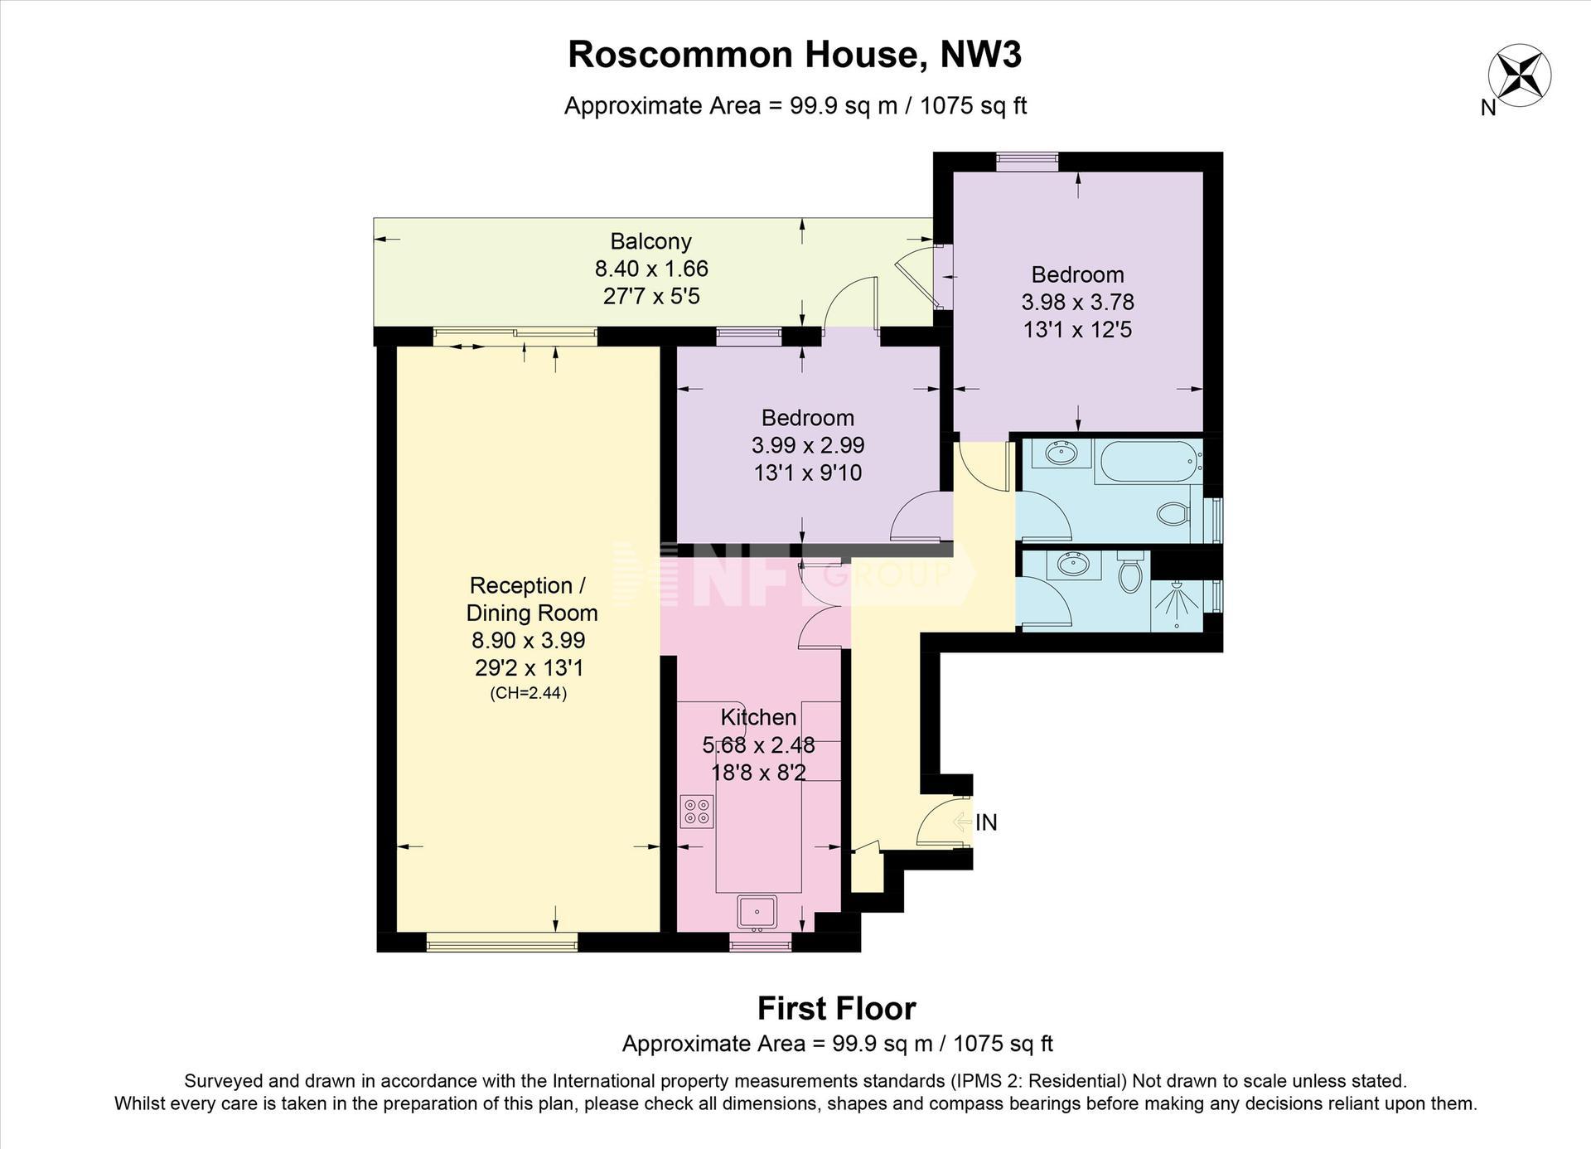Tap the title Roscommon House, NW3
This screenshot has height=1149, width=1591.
tap(795, 55)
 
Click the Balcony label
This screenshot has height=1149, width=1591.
tap(650, 241)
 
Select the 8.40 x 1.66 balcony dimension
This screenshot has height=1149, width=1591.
tap(651, 269)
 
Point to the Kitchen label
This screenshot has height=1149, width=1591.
tap(758, 717)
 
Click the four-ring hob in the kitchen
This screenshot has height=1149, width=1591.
tap(697, 812)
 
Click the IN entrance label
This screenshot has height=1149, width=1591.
tap(986, 822)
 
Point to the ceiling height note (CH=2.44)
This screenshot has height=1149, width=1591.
tap(529, 694)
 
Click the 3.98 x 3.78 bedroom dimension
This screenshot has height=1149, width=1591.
tap(1077, 302)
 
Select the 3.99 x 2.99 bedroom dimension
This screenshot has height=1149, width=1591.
tap(808, 445)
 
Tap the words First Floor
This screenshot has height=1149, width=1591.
tap(837, 1009)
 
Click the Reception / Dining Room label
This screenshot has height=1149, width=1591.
tap(531, 599)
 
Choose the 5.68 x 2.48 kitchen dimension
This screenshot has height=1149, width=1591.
tap(758, 745)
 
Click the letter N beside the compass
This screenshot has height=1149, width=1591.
tap(1488, 108)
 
